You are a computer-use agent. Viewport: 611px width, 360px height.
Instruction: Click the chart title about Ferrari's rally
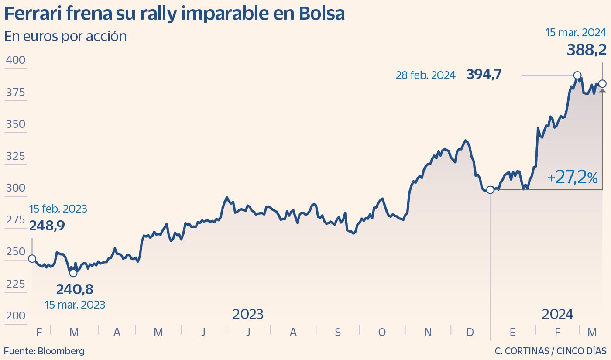(175, 14)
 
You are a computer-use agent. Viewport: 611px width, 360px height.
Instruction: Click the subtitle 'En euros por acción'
(65, 36)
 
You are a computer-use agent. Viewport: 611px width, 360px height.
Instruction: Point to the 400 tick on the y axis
(15, 60)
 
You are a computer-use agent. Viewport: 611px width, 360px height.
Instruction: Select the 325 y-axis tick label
(15, 156)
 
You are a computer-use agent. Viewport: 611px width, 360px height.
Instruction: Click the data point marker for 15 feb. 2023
(32, 259)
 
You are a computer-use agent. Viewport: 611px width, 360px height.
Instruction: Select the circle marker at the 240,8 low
(73, 273)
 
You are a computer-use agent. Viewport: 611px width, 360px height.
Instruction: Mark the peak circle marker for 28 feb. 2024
(577, 75)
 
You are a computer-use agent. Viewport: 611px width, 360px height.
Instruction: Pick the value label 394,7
(484, 75)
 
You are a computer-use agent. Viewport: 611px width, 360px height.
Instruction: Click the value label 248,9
(47, 226)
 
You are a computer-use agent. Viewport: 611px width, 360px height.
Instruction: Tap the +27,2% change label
(572, 178)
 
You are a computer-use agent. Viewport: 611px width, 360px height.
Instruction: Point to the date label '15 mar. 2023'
(75, 305)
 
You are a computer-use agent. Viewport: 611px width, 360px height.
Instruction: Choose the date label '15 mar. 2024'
(576, 33)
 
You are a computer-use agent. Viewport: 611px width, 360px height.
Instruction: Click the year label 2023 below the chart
(247, 314)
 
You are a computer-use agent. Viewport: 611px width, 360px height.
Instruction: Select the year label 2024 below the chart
(557, 314)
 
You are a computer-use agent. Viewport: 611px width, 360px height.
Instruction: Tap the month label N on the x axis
(428, 333)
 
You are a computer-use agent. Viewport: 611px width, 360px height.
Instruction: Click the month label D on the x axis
(470, 333)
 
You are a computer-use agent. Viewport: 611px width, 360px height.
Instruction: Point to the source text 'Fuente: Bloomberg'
(45, 351)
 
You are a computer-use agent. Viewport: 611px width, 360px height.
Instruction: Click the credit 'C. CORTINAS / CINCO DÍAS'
(551, 351)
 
